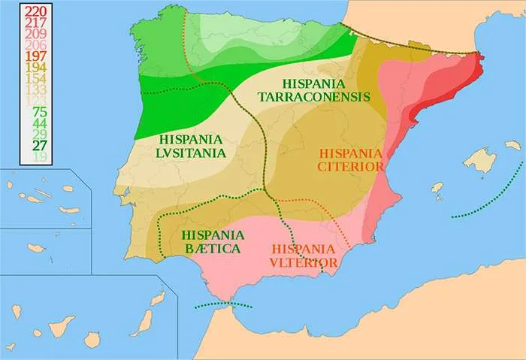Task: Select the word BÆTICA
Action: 211,248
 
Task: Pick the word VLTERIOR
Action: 304,262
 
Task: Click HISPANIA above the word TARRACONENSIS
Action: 313,82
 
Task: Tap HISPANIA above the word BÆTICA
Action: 211,234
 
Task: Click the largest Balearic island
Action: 481,159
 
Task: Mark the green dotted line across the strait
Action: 223,304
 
